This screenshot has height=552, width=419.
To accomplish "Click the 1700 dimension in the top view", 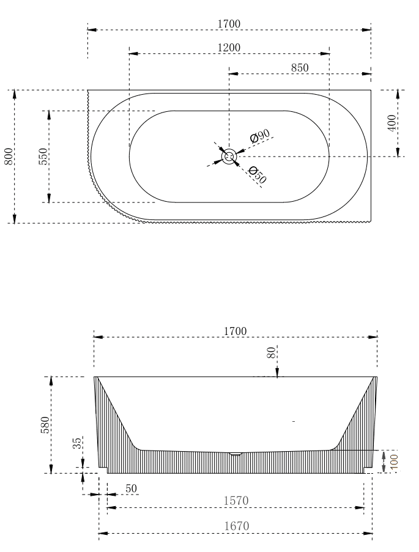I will (229, 24).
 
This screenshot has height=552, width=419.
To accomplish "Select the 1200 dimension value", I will (229, 48).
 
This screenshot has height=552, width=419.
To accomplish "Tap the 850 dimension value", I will (299, 68).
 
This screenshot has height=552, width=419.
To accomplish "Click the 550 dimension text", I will (42, 156).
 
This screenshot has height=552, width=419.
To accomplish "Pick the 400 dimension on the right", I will (391, 123).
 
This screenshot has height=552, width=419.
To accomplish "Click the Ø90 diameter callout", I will (260, 137).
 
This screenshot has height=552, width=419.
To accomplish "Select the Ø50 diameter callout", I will (258, 175).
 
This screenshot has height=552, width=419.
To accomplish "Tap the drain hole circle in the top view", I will (229, 157).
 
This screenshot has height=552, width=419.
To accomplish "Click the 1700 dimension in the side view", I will (235, 331).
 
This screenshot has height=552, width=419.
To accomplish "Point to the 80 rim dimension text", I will (271, 353).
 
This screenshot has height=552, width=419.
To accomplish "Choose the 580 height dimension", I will (43, 424).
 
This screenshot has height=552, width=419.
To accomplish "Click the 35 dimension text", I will (76, 443).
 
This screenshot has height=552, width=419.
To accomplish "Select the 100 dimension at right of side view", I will (393, 461).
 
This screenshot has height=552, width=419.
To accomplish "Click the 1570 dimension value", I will (235, 501).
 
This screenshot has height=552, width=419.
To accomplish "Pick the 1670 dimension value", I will (235, 526).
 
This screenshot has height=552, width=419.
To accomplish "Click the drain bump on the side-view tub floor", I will (235, 454).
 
